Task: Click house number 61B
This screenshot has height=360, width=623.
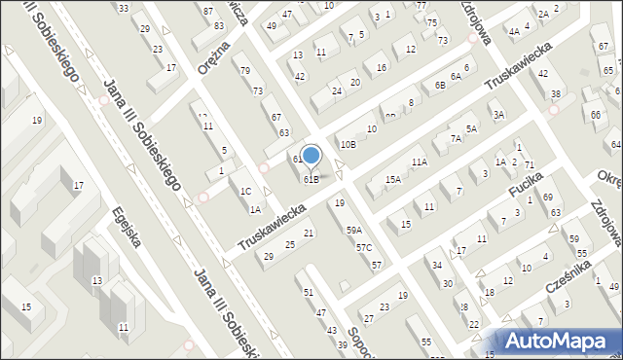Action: coord(311,179)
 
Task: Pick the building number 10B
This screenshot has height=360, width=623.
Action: coord(348,144)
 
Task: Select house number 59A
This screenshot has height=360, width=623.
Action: coord(354,230)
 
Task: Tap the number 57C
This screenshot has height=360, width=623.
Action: coord(364,248)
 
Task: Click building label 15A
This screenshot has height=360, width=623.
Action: coord(392,180)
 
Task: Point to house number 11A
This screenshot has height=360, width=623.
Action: coord(419,162)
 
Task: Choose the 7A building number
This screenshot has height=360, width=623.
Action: coord(455,139)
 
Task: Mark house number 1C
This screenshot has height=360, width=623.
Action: coord(246,192)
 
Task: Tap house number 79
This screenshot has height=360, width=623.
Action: coord(245,70)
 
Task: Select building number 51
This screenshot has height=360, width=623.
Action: coord(309,292)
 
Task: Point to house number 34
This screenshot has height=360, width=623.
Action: coord(438,265)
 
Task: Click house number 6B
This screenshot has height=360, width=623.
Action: coord(440,86)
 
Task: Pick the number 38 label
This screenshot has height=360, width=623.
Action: coord(555,93)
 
